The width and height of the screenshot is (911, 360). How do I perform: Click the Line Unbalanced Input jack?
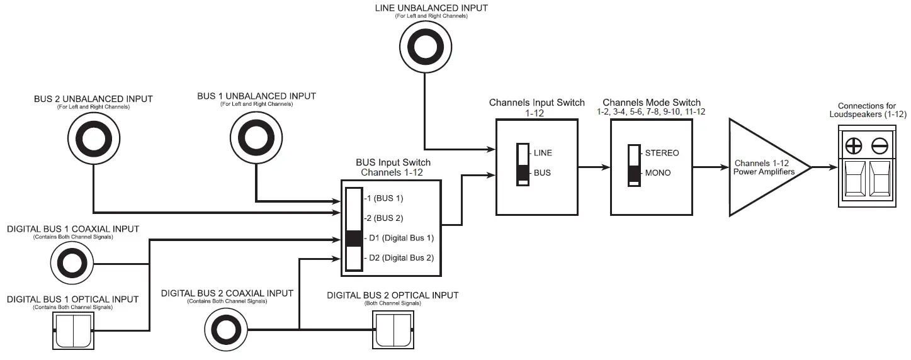(x=424, y=48)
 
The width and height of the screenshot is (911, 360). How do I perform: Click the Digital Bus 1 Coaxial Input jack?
(x=73, y=265)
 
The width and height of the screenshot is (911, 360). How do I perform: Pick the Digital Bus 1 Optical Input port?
(x=73, y=330)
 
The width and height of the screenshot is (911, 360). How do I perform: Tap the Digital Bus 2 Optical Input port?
(x=393, y=329)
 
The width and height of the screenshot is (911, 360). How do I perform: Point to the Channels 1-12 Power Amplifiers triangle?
(x=765, y=168)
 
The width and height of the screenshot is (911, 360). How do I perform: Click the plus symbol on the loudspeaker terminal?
(x=854, y=146)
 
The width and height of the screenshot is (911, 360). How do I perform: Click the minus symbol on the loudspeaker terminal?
(x=879, y=146)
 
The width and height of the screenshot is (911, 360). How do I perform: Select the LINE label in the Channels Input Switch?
(x=543, y=153)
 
